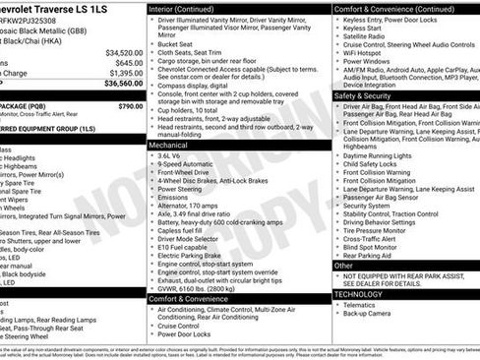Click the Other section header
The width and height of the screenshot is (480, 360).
tap(343, 265)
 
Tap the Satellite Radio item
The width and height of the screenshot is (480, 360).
tap(367, 37)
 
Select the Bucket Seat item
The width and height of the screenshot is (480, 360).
tap(175, 44)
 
